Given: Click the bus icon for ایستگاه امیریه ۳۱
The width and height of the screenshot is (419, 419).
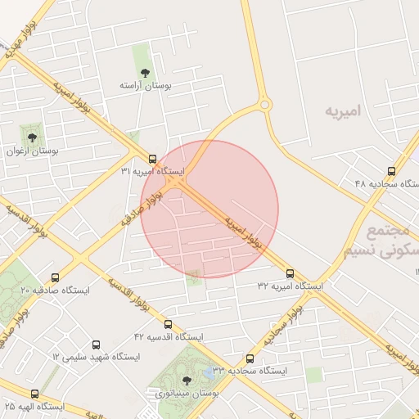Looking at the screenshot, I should (x=152, y=159).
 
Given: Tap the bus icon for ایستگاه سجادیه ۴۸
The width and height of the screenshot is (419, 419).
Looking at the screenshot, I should (x=391, y=172).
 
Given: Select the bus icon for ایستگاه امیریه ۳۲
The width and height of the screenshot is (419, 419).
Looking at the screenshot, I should (x=291, y=273).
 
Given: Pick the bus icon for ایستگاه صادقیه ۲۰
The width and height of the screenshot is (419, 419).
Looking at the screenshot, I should (x=55, y=278).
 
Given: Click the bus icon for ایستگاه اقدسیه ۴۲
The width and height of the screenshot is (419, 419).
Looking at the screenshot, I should (x=168, y=324).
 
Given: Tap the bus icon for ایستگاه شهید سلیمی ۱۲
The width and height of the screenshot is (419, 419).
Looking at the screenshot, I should (x=97, y=345).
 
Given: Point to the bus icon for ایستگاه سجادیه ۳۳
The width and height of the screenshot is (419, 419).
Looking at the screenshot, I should (x=250, y=358).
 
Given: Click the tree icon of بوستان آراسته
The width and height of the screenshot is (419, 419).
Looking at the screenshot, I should (x=145, y=73).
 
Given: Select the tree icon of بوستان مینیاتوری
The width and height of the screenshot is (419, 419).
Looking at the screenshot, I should (x=187, y=381).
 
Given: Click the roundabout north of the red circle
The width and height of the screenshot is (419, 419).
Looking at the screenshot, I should (x=264, y=104).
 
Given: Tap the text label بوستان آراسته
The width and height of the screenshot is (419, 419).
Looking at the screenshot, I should (x=144, y=85).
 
